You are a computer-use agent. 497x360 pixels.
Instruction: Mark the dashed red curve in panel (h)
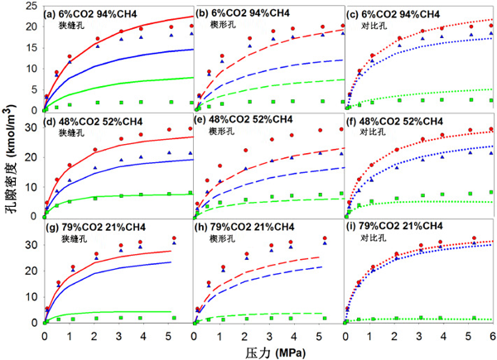tap(273, 264)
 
